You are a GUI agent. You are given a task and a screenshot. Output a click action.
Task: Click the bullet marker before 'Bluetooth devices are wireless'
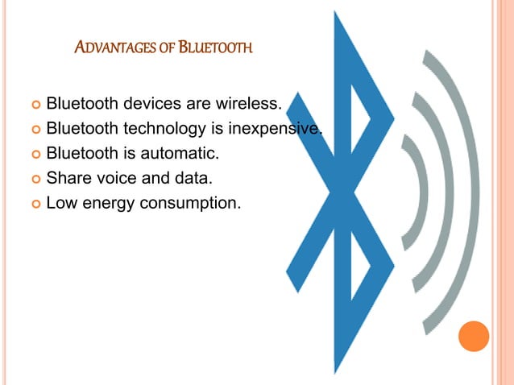tap(33, 105)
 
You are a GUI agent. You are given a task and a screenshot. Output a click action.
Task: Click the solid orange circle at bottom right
tap(474, 336)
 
